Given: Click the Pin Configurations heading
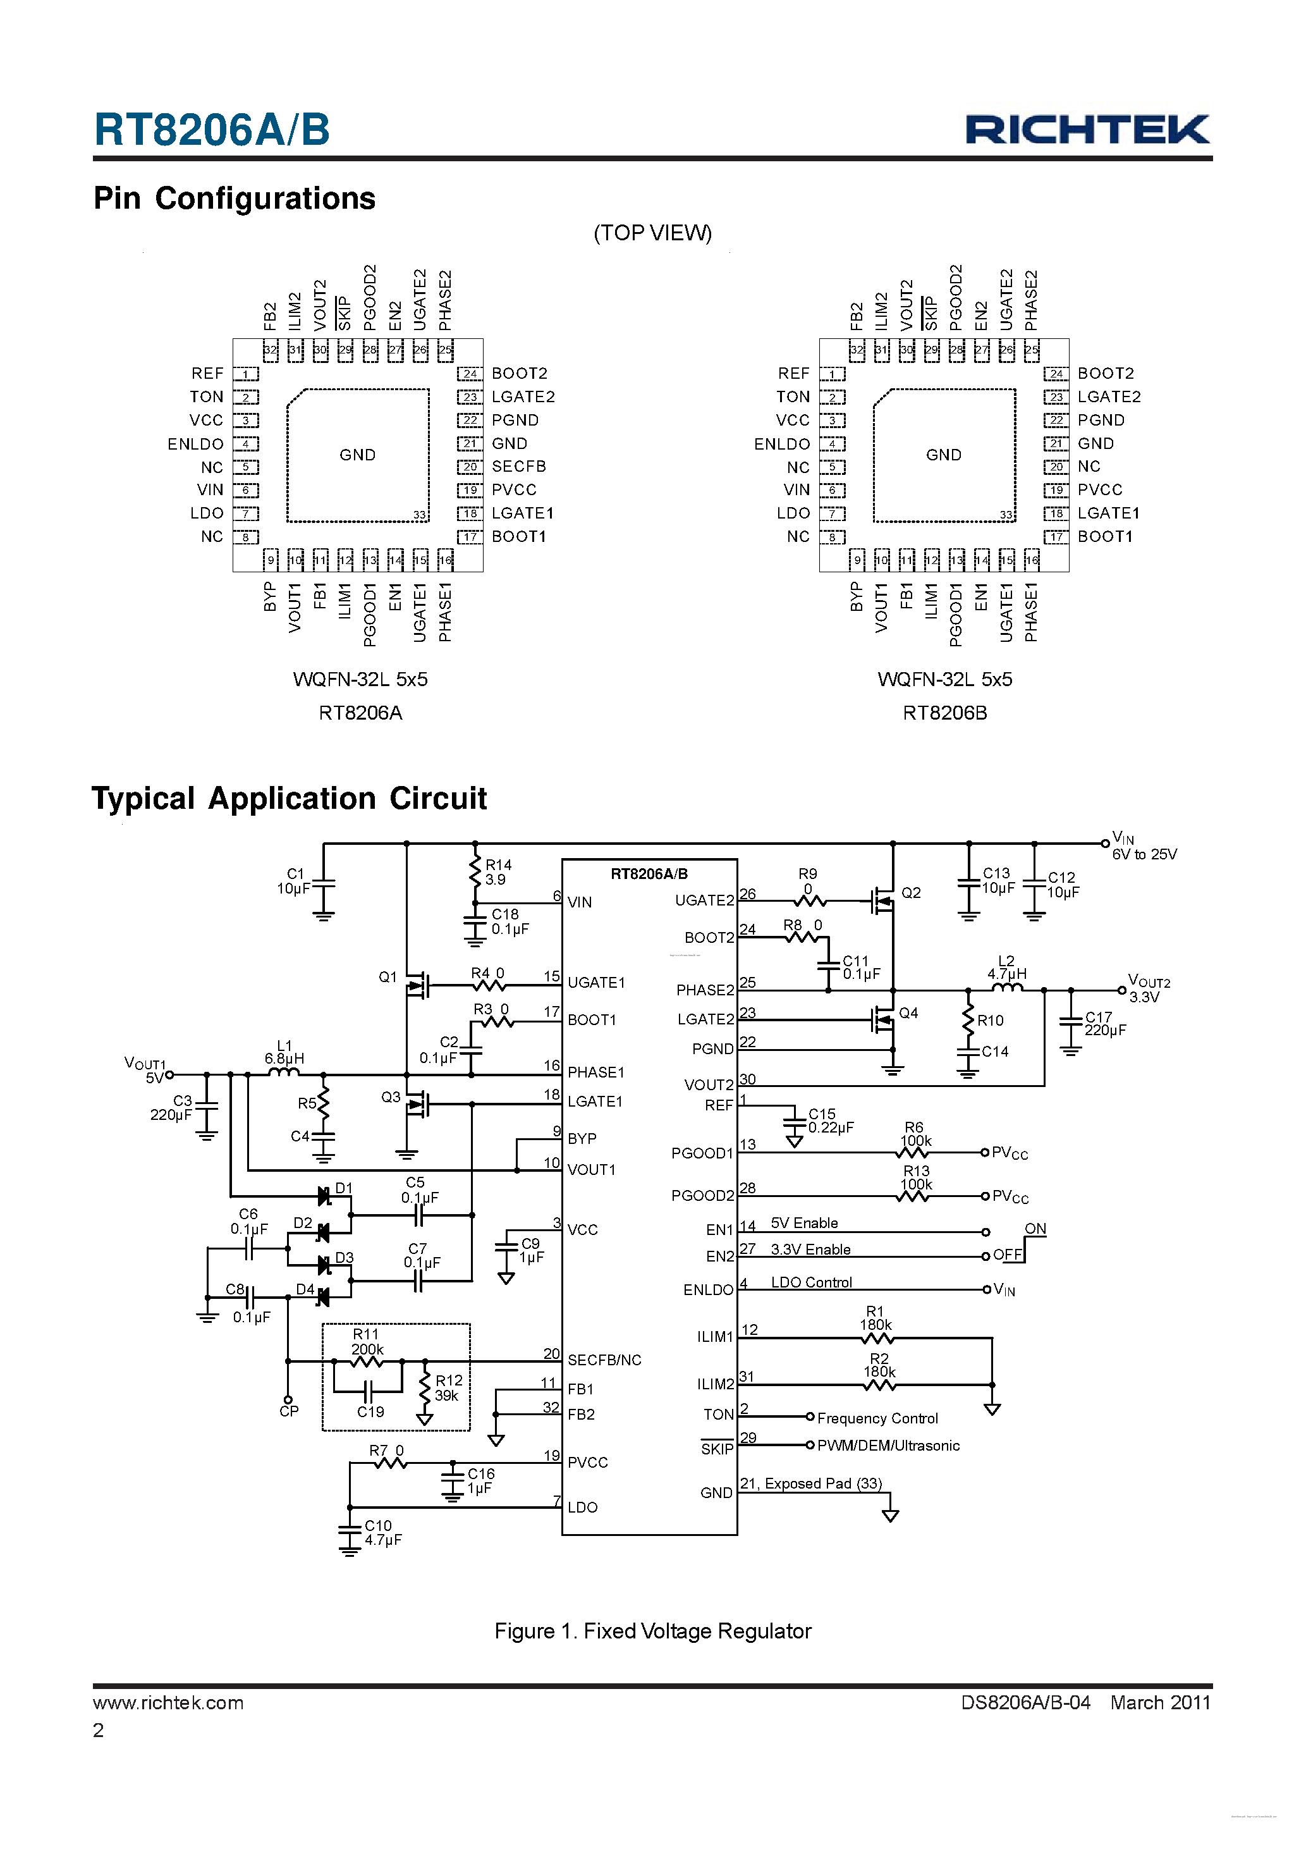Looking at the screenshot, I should point(235,198).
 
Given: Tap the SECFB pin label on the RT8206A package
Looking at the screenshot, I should point(518,466).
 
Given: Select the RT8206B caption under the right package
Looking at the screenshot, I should point(944,713).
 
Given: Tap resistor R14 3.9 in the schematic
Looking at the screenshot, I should point(475,872).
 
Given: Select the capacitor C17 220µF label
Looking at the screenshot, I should point(1105,1024).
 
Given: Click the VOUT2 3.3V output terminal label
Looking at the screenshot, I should point(1148,988).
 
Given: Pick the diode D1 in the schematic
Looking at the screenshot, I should point(324,1196).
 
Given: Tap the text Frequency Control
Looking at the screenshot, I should point(877,1418).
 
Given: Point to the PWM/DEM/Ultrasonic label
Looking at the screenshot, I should point(888,1446).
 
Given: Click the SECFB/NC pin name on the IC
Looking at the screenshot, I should point(604,1360).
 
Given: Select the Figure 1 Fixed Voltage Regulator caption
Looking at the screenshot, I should point(652,1631).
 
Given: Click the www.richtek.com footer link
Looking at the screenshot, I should point(168,1702).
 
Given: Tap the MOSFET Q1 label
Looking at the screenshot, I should point(388,977).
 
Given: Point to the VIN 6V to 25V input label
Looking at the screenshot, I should point(1144,845).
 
